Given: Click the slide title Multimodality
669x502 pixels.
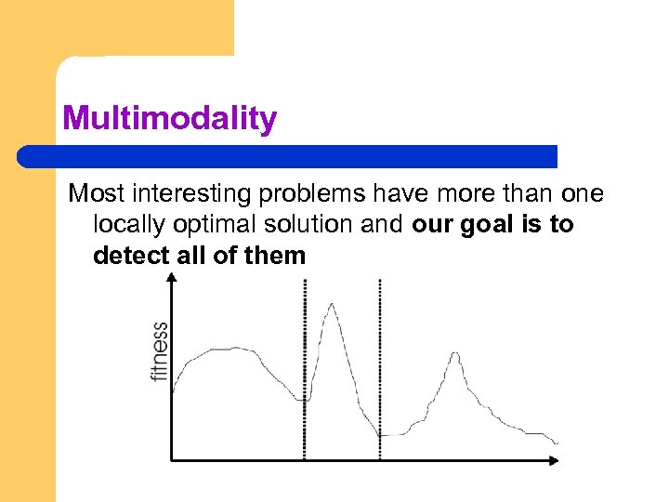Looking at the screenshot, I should coord(169,119).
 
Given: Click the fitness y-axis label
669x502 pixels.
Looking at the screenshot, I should coord(159,351).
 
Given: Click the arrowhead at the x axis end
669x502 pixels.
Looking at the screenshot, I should coord(556,459).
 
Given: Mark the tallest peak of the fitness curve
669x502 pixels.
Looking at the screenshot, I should coord(331,304).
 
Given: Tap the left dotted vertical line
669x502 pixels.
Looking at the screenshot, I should coord(305,372).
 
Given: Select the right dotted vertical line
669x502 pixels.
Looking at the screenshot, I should coord(380,372).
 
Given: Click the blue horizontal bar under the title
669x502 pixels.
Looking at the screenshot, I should coord(288,156).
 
